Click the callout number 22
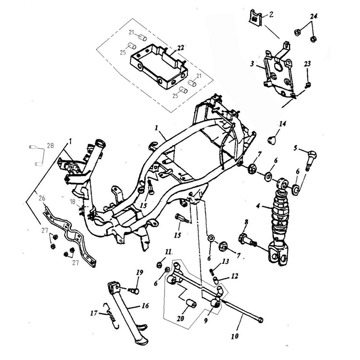click(x=181, y=47)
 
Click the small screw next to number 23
click(x=308, y=85)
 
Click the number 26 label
click(x=42, y=197)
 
